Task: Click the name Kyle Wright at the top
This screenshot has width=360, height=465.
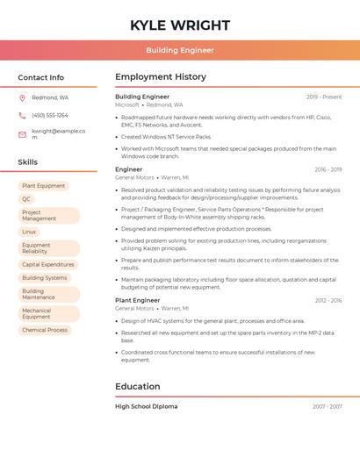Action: coord(180,25)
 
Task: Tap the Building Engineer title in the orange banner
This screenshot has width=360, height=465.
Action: coord(180,50)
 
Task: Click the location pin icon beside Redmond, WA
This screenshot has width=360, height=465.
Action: coord(22,97)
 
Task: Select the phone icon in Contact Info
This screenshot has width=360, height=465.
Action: coord(22,115)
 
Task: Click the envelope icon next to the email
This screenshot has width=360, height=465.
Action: coord(22,134)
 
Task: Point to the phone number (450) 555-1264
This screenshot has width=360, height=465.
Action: coord(50,115)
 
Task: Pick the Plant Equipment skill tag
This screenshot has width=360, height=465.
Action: coord(44,186)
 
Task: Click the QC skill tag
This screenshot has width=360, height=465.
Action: coord(26,199)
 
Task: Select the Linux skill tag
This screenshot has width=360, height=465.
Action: coord(29,232)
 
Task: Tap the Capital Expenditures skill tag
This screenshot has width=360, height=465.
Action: coord(47,264)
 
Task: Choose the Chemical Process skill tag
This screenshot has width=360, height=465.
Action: coord(45,330)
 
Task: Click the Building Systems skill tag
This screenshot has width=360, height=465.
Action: coord(44,277)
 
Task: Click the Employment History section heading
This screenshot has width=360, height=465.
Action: coord(160,77)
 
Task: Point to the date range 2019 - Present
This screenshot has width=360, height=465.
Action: coord(324,97)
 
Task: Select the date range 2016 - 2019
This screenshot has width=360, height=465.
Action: coord(328,169)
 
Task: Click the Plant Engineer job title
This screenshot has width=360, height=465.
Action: coord(137,300)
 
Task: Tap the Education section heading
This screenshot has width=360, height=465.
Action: coord(137,386)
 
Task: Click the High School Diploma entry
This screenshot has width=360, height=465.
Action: coord(146,406)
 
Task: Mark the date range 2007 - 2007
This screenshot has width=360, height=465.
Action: coord(327,407)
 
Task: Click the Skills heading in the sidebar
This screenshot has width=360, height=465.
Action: coord(28,162)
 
